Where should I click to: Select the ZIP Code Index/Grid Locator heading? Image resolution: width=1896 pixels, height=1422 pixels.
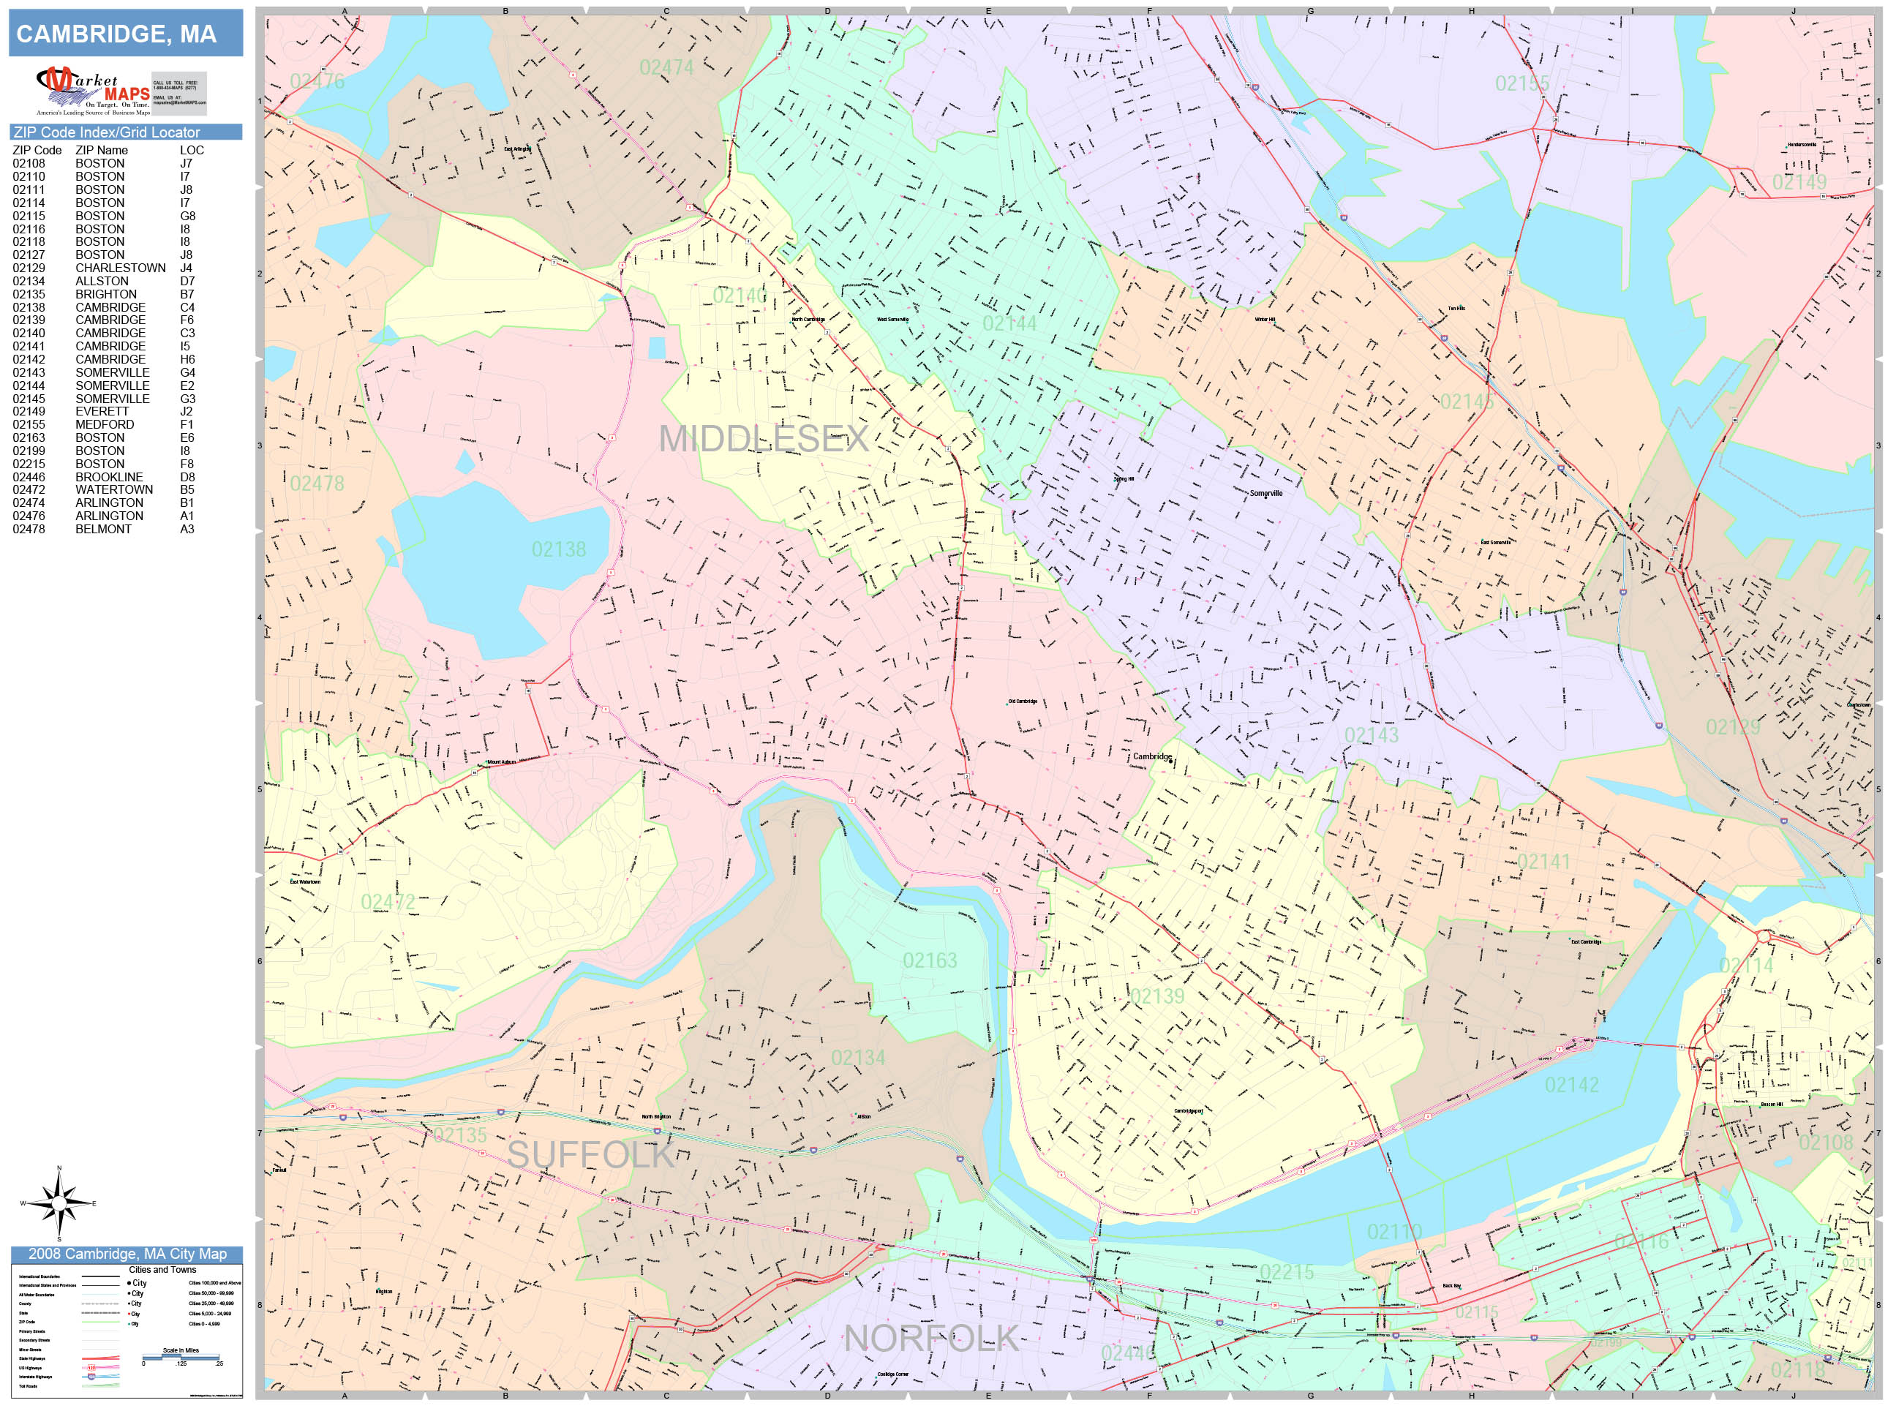click(107, 132)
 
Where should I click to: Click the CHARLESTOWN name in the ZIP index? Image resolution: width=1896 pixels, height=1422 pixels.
click(120, 268)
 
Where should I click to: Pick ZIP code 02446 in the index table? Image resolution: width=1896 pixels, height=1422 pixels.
click(29, 478)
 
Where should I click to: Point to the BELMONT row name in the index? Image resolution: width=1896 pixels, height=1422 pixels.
click(103, 530)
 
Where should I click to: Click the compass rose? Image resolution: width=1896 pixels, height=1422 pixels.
click(59, 1203)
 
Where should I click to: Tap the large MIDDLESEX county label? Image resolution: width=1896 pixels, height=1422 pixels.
click(764, 439)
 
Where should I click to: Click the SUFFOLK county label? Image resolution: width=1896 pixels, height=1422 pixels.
click(590, 1154)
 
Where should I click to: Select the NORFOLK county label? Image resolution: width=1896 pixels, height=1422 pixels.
click(931, 1338)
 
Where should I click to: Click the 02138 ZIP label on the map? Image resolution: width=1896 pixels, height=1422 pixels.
click(559, 549)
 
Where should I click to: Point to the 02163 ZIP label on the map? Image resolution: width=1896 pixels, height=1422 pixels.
click(930, 961)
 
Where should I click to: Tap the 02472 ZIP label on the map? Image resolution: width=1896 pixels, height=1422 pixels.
click(388, 902)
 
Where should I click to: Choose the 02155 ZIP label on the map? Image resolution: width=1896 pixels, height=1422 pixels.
click(1522, 84)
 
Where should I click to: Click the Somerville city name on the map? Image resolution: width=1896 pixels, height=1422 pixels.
click(1266, 493)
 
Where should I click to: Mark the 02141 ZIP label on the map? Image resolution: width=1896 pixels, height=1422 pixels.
click(1543, 862)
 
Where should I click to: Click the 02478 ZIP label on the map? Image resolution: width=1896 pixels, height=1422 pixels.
click(317, 484)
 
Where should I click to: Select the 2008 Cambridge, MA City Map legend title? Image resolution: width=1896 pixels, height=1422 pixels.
click(127, 1254)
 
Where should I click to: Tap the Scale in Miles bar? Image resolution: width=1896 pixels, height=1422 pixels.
click(181, 1357)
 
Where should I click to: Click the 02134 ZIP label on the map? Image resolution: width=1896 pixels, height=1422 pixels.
click(858, 1058)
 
